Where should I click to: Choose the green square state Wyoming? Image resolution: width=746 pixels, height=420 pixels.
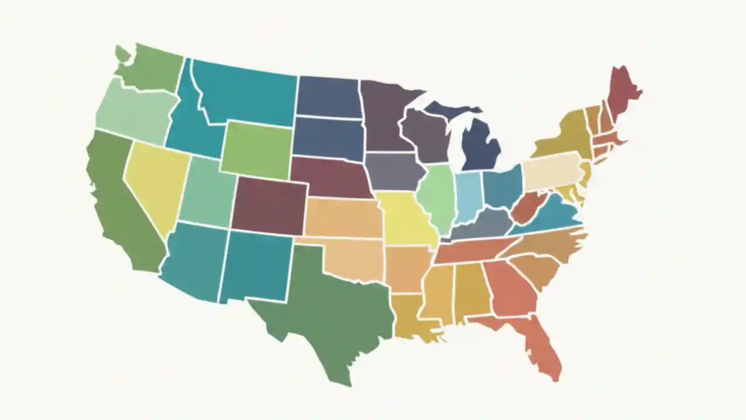point(256,150)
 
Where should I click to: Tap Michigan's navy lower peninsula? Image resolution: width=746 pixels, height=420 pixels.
point(481,146)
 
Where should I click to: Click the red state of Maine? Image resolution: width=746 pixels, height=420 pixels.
point(622,93)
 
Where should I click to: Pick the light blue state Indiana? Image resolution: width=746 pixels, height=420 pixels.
point(467,195)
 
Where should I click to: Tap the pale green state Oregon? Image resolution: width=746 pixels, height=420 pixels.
point(134,114)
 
